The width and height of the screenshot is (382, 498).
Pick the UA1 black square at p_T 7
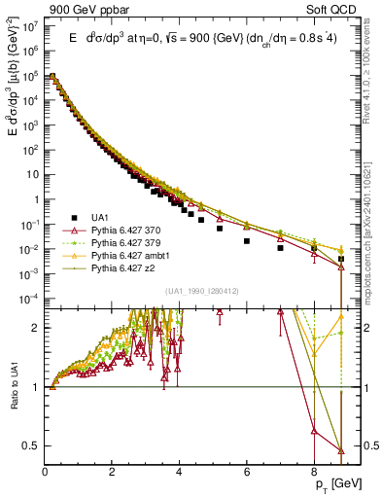(x=280, y=248)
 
